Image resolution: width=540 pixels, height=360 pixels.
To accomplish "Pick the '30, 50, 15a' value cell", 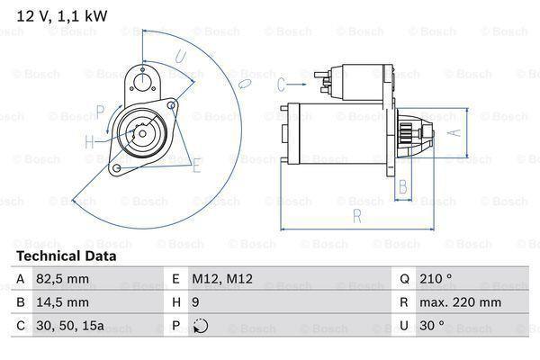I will pos(70,325).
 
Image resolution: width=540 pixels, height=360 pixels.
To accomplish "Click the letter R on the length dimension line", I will pos(357,215).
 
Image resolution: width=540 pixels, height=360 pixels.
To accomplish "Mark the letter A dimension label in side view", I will pos(455,131).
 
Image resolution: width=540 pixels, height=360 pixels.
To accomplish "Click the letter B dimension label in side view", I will pos(404,187).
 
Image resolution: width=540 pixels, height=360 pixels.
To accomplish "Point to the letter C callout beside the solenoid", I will pos(281,85).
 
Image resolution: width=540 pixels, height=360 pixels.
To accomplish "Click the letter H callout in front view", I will pos(89,141).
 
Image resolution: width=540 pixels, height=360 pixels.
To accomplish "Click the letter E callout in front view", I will pos(196,164).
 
